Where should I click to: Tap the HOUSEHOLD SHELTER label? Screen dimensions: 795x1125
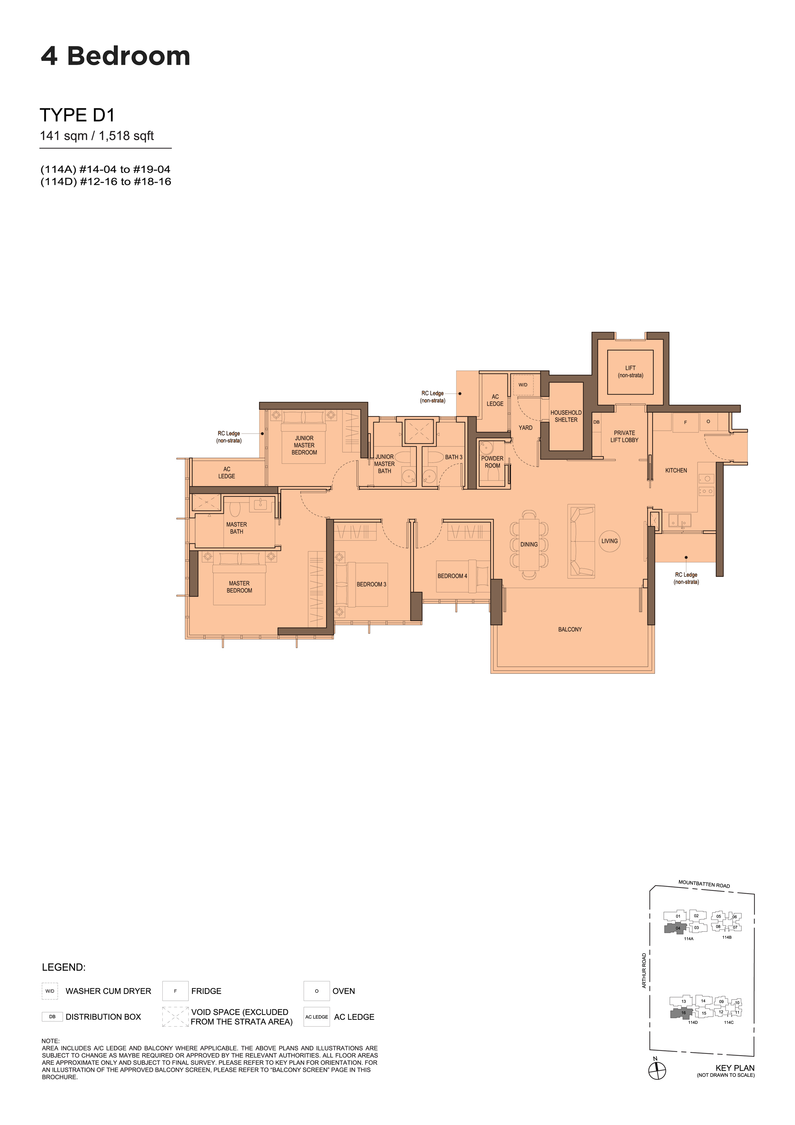coord(566,416)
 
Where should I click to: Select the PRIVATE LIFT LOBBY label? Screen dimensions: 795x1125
coord(624,436)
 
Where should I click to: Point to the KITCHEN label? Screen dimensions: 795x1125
coord(676,470)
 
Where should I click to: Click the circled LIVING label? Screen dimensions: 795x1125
coord(609,541)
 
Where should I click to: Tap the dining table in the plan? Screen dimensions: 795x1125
coord(529,544)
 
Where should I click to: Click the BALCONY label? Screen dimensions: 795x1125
coord(570,629)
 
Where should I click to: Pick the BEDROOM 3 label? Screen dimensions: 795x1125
coord(371,584)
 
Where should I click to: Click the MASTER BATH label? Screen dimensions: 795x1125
coord(237,528)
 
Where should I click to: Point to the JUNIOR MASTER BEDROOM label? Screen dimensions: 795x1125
coord(304,445)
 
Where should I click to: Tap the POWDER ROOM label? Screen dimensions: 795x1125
coord(492,462)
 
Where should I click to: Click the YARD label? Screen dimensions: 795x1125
coord(526,428)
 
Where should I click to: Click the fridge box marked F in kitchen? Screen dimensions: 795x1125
coord(685,422)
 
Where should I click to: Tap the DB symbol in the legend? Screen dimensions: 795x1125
coord(52,1017)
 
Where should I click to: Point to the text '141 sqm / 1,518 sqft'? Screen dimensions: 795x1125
coord(97,136)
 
